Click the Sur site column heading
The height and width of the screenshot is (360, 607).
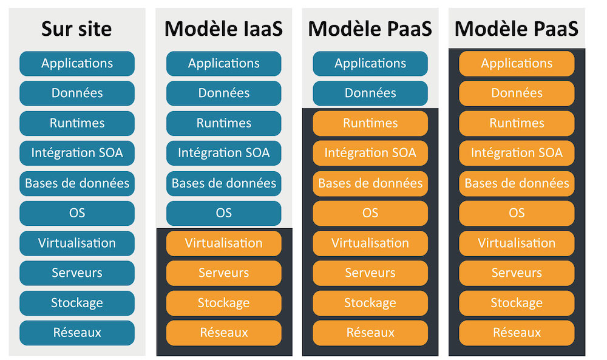tap(77, 29)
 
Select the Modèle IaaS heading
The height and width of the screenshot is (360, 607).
tap(223, 29)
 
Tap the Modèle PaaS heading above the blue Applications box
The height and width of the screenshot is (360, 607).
tap(370, 29)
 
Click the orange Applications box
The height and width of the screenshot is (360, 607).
tap(517, 63)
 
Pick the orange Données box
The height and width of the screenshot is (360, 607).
tap(517, 93)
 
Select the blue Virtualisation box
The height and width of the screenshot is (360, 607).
tap(77, 243)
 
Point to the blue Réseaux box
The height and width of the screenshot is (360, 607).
tap(77, 333)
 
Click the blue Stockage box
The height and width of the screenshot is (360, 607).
tap(77, 303)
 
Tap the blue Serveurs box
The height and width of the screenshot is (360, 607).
tap(77, 273)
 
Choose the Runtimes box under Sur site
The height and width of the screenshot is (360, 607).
tap(77, 123)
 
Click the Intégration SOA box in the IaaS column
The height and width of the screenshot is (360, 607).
tap(223, 153)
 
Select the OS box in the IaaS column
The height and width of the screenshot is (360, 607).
tap(223, 213)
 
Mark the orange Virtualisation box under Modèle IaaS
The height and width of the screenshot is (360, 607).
tap(223, 243)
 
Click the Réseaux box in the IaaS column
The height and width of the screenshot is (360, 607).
tap(223, 333)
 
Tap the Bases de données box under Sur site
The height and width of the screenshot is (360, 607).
tap(77, 183)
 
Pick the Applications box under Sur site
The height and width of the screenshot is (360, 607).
tap(77, 63)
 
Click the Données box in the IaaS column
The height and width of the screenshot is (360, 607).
tap(223, 93)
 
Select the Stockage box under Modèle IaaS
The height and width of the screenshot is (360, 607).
tap(223, 303)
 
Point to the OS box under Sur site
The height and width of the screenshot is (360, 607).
tap(77, 213)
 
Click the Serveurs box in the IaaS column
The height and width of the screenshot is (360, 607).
tap(223, 273)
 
